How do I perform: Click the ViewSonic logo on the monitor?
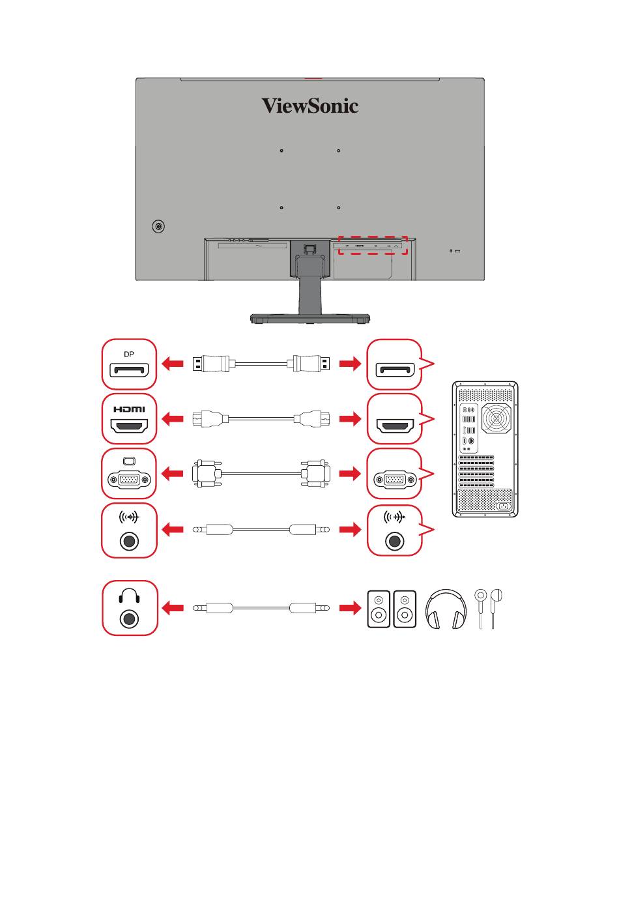coord(310,106)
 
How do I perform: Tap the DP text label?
coord(129,355)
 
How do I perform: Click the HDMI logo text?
coord(129,409)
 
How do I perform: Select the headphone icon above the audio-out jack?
coord(129,596)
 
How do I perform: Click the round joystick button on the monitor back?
coord(158,227)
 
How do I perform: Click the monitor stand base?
coord(310,319)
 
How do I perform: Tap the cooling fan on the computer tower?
coord(497,418)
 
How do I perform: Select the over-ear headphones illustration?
coord(446,609)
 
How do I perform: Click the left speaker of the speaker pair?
coord(379,609)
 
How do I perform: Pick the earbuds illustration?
coord(488,608)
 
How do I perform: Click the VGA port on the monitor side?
coord(129,479)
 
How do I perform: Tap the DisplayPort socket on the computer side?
coord(395,370)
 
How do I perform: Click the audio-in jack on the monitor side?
coord(129,542)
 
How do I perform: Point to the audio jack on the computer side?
coord(394,542)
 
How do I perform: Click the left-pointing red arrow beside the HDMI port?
coord(173,419)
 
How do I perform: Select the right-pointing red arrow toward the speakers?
coord(350,608)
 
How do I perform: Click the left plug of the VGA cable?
coord(207,474)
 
